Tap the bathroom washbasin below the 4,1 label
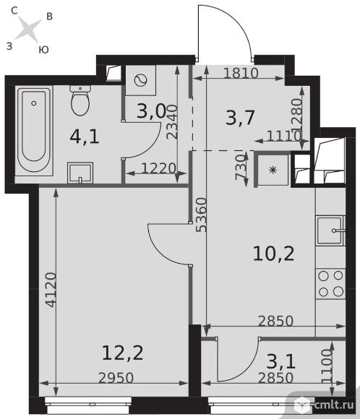(80, 173)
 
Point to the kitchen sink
(330, 230)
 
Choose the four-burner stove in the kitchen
(331, 283)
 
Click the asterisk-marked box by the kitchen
(273, 170)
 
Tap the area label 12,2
(123, 353)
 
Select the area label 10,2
(273, 254)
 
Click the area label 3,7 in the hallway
(240, 117)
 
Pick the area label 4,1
(85, 137)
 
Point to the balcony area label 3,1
(280, 361)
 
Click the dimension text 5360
(202, 215)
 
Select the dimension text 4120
(51, 290)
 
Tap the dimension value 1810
(241, 73)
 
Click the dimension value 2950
(116, 378)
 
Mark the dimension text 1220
(158, 168)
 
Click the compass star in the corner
(28, 30)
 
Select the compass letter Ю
(43, 50)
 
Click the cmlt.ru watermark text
(334, 405)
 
